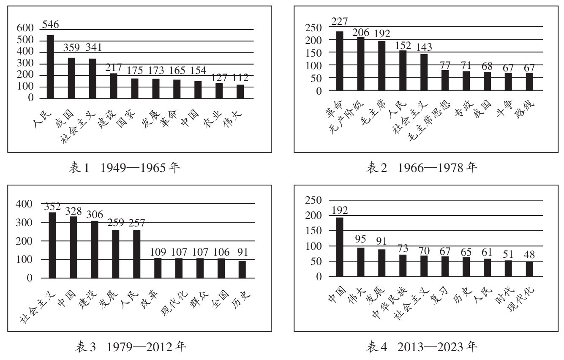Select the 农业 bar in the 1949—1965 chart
coord(219,90)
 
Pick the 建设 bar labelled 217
coord(114,86)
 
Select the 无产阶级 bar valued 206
coord(361,63)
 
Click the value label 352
coord(52,207)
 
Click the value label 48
coord(529,256)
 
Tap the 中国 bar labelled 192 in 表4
coord(340,247)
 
